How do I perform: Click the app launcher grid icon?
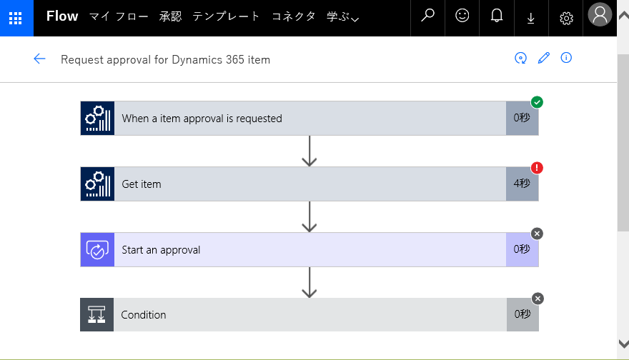point(15,18)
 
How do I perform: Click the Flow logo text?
point(62,16)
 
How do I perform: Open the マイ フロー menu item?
point(119,16)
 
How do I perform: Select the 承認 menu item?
point(171,16)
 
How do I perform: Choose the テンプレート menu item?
point(227,16)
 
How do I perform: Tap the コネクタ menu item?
point(294,16)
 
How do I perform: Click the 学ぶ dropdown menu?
point(343,17)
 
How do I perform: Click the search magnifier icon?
point(427,16)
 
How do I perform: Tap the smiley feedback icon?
point(462,16)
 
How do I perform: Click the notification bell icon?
point(497,16)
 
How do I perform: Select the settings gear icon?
point(566,18)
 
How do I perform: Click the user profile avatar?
point(600,14)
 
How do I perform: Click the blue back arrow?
point(39,59)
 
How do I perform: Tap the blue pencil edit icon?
point(543,58)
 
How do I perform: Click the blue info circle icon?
point(566,58)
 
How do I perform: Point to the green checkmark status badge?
point(537,102)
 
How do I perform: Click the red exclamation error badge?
point(537,168)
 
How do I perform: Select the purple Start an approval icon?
point(97,250)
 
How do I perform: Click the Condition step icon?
point(96,315)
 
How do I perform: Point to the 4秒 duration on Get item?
point(522,183)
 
